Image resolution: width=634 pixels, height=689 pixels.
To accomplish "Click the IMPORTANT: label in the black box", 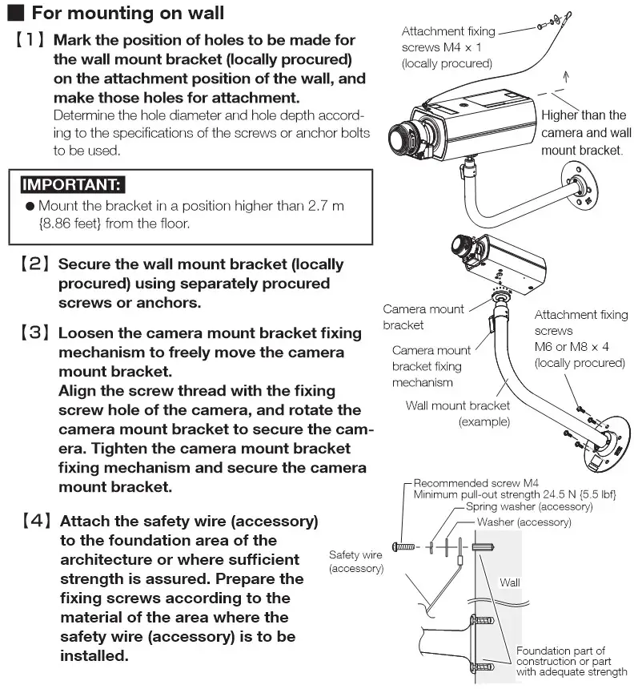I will [71, 185].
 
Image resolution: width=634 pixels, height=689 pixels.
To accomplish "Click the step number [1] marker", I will [31, 40].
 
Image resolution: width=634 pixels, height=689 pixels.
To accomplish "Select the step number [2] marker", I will [35, 264].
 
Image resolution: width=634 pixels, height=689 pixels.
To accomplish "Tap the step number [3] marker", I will [35, 333].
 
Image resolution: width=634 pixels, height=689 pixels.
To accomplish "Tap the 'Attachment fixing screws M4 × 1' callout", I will [447, 47].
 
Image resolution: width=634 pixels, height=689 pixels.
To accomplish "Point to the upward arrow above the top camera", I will [567, 77].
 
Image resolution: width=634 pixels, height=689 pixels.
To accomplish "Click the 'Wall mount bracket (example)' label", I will [457, 413].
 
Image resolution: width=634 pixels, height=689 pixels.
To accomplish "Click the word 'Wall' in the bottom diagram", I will [509, 582].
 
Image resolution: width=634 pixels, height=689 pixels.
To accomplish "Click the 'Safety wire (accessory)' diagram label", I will [355, 561].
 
